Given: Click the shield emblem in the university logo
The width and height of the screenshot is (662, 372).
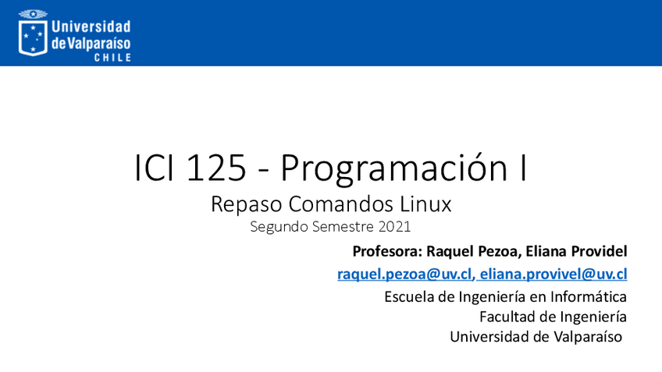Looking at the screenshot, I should (x=33, y=36).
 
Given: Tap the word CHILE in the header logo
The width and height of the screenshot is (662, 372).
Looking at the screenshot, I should (x=112, y=58).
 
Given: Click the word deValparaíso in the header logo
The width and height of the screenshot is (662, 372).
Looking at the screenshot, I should (x=91, y=43).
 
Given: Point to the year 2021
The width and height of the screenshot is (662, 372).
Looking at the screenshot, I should (x=394, y=227).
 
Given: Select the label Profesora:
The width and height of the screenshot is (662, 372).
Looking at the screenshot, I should (x=388, y=251).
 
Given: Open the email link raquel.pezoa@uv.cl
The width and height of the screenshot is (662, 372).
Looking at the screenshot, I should (x=404, y=274).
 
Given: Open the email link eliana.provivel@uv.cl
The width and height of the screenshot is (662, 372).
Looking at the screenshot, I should (x=554, y=274).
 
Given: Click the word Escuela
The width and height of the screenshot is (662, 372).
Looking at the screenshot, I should (x=409, y=296).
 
